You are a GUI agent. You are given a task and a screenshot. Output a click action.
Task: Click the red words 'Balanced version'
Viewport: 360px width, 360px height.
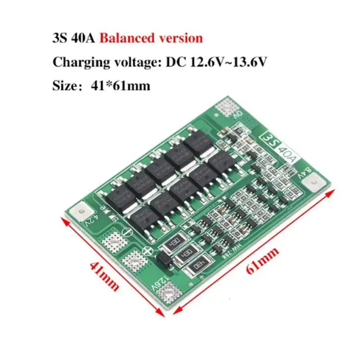151,38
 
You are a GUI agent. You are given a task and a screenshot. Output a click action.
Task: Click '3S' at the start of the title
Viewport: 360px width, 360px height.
60,38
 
